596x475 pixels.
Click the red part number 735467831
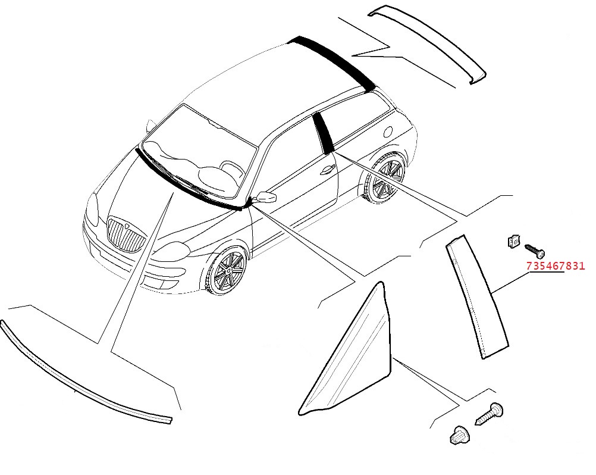tap(556, 265)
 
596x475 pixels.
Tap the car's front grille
tap(127, 235)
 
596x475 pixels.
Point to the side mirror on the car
tap(266, 197)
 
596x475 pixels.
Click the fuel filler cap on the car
tap(388, 131)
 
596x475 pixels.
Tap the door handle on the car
tap(327, 170)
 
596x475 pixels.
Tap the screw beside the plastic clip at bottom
tap(489, 414)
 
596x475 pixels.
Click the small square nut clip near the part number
tap(513, 240)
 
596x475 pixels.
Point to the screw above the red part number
tap(535, 250)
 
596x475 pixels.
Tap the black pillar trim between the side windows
tap(323, 132)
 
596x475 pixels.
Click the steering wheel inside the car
tap(229, 168)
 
